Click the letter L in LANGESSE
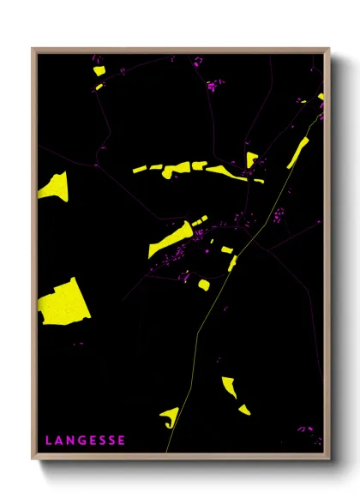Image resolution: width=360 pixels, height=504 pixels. [x=48, y=441]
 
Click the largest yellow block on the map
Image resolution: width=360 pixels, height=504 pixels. [x=64, y=303]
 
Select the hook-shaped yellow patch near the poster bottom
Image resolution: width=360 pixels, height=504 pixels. [x=170, y=417]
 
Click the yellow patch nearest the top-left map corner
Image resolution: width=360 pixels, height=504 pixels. [x=99, y=70]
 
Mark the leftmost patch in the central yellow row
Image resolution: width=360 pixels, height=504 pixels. [x=140, y=170]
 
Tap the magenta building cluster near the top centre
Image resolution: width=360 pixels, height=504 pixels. [x=213, y=85]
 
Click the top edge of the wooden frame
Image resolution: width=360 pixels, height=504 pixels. [x=180, y=50]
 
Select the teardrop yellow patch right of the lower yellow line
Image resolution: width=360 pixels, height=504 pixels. [x=229, y=387]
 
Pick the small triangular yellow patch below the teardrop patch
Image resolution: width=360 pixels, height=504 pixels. [x=244, y=410]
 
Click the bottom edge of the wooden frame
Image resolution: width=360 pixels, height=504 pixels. [x=180, y=455]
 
